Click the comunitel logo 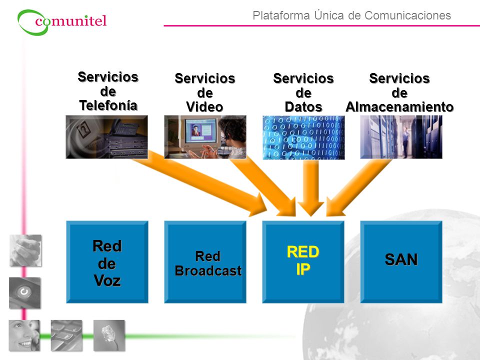pyautogui.click(x=62, y=22)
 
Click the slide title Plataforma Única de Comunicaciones pyautogui.click(x=351, y=15)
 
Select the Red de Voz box pyautogui.click(x=107, y=262)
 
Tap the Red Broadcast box pyautogui.click(x=205, y=262)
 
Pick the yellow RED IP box pyautogui.click(x=303, y=262)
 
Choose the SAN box pyautogui.click(x=401, y=262)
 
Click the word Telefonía pyautogui.click(x=108, y=105)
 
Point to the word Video pyautogui.click(x=204, y=107)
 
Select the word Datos pyautogui.click(x=303, y=107)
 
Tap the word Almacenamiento pyautogui.click(x=399, y=107)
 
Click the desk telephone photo pyautogui.click(x=107, y=137)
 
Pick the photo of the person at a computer pyautogui.click(x=205, y=137)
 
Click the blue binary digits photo pyautogui.click(x=303, y=137)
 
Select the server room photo pyautogui.click(x=401, y=137)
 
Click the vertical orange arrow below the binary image pyautogui.click(x=310, y=188)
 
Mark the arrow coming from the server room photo pyautogui.click(x=358, y=187)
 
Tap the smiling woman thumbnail pyautogui.click(x=24, y=335)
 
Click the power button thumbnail pyautogui.click(x=24, y=293)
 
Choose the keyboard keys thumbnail pyautogui.click(x=66, y=335)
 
